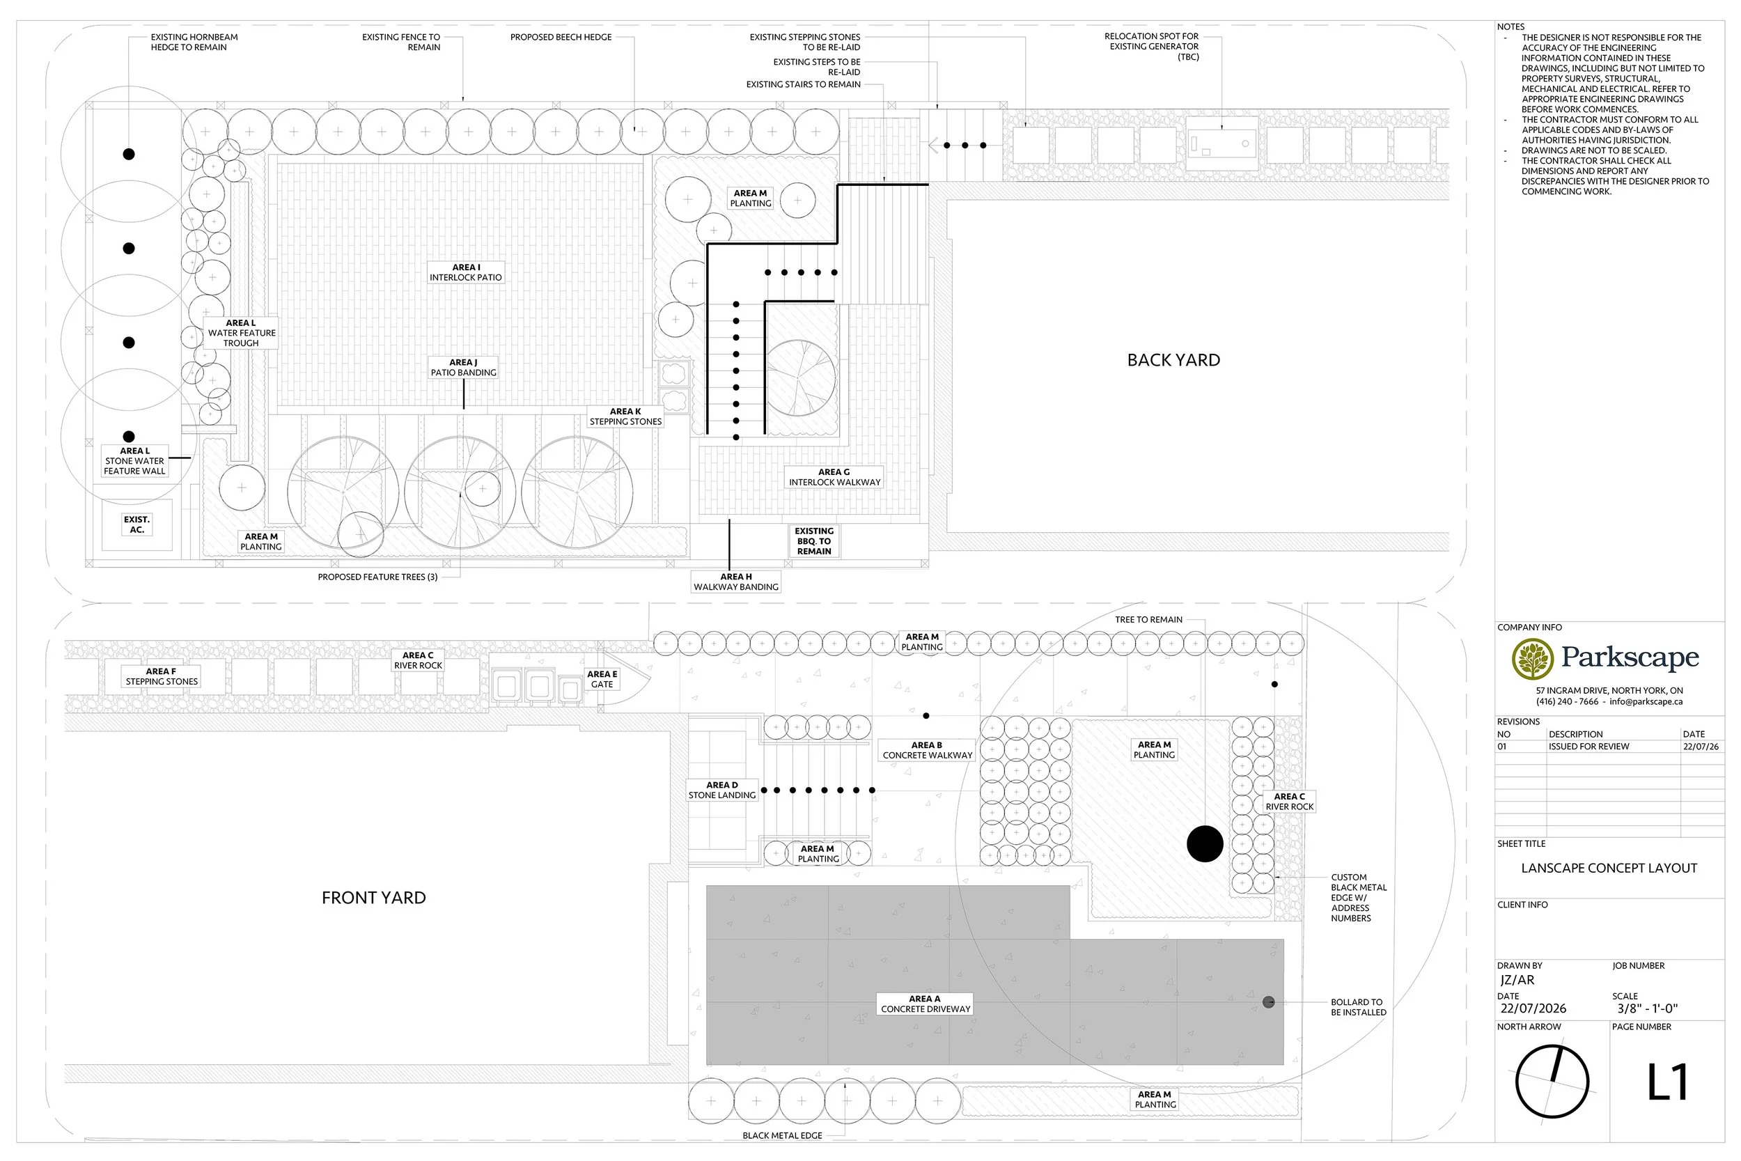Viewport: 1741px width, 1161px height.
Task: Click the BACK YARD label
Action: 1173,361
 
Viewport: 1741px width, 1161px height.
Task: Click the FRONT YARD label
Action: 374,898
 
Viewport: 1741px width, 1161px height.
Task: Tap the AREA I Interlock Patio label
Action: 466,272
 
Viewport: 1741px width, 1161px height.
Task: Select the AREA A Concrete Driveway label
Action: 926,1004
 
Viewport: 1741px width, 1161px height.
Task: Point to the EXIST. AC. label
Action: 137,525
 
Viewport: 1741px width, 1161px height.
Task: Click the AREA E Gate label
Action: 602,680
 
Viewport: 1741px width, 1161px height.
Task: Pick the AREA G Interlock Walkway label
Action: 834,478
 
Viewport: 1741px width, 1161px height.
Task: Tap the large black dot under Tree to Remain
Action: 1204,844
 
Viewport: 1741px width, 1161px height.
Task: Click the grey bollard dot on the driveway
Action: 1269,1002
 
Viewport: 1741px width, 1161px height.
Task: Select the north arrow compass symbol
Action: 1552,1082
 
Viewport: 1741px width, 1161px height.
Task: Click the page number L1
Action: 1667,1082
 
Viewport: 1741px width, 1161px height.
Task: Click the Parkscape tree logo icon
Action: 1532,659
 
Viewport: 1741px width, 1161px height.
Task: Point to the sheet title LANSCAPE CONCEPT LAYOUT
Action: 1609,868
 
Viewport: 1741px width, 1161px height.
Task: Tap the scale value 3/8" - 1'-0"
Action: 1647,1008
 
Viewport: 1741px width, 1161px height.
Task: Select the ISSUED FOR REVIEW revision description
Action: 1588,747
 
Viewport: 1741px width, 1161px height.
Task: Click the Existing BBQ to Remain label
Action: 814,541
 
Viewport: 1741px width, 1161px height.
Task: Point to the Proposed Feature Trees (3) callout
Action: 377,577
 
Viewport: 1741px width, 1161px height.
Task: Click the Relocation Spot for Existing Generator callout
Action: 1151,47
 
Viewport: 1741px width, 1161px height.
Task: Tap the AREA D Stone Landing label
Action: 721,790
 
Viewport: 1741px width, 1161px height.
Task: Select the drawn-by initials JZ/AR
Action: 1517,981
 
